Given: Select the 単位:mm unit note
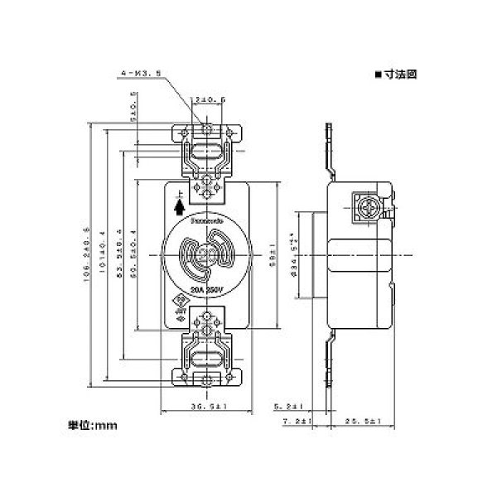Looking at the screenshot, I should (x=93, y=427).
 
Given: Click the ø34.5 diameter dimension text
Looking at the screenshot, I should (x=291, y=253).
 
